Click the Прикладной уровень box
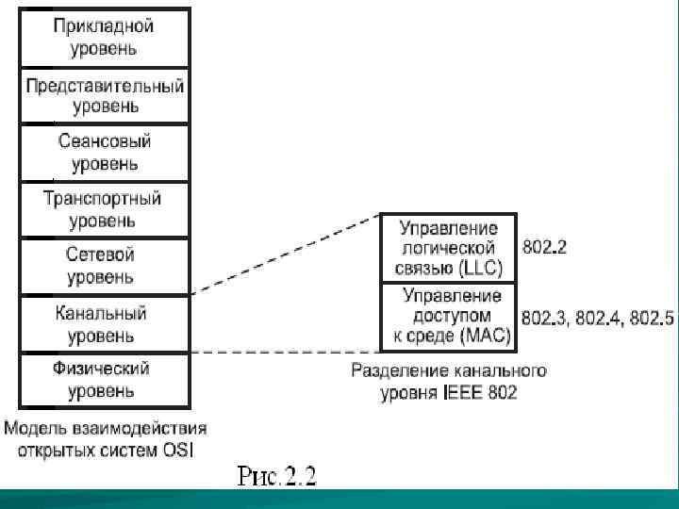(x=104, y=36)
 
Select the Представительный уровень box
(x=104, y=96)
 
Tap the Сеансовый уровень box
(x=104, y=153)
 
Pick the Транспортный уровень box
(x=104, y=209)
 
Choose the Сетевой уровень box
(x=104, y=266)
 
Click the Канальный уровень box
(x=104, y=323)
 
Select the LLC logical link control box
(x=448, y=247)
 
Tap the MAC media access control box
(x=448, y=316)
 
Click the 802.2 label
(x=544, y=247)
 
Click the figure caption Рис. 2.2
(x=277, y=474)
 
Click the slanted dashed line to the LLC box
(x=283, y=254)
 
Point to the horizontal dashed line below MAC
(x=283, y=353)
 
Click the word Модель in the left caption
(x=36, y=428)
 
